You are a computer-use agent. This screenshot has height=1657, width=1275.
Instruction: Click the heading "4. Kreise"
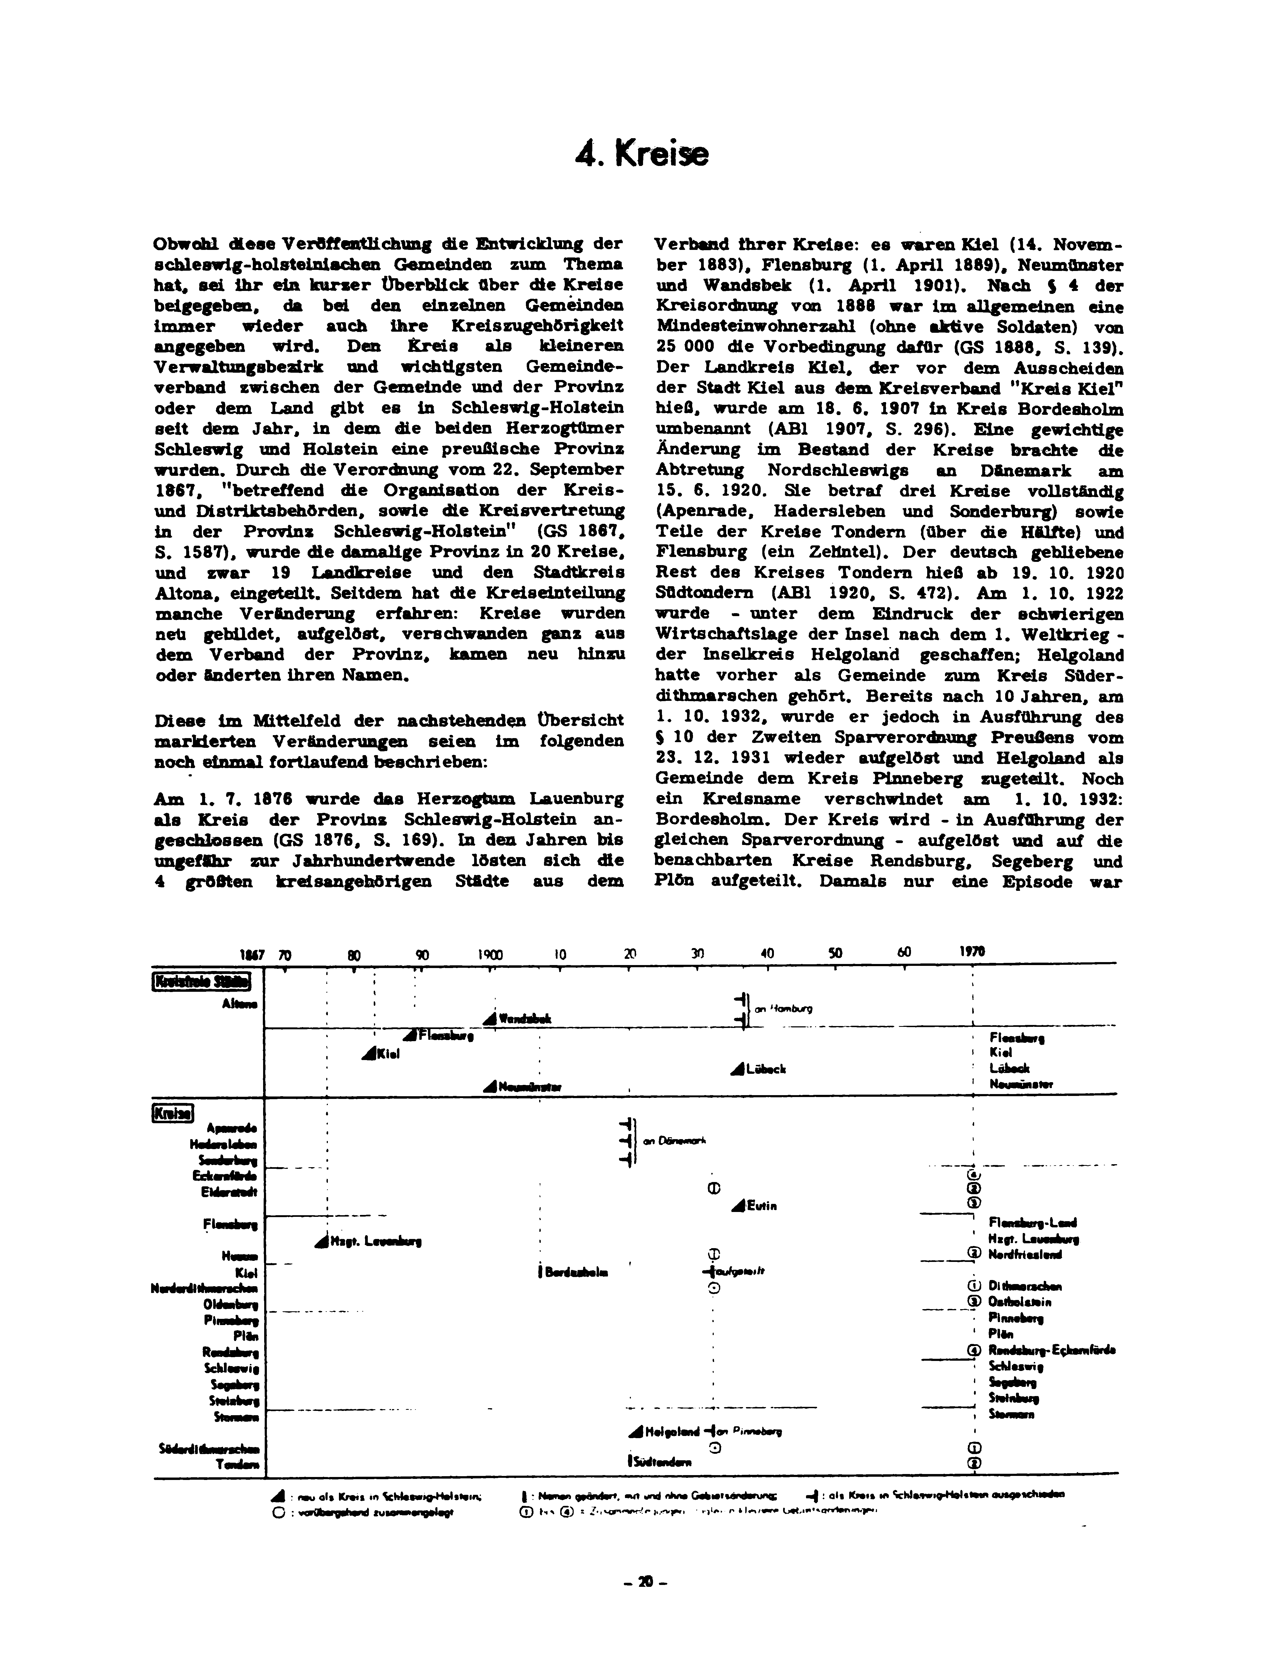pyautogui.click(x=642, y=154)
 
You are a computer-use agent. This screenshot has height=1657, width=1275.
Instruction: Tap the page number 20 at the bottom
pyautogui.click(x=644, y=1582)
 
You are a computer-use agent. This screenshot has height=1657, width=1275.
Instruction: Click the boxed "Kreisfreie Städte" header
pyautogui.click(x=202, y=982)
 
